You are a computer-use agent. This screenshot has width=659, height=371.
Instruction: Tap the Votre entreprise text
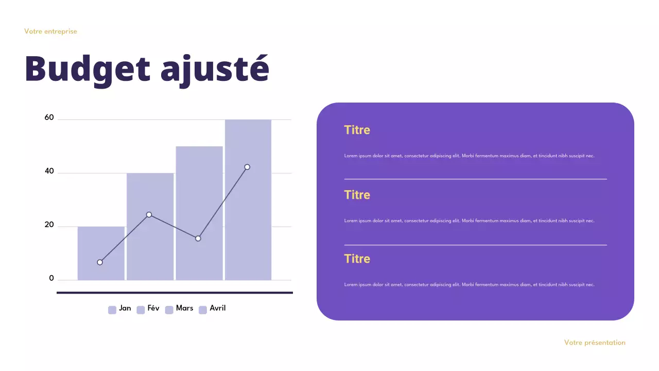click(x=50, y=31)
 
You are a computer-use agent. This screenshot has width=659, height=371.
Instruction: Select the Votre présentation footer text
click(x=595, y=343)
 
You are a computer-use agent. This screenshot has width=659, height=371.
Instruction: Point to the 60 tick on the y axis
click(x=49, y=117)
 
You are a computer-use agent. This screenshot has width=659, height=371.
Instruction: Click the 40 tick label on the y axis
click(x=49, y=171)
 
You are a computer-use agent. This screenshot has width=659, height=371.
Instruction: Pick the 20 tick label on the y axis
click(x=49, y=225)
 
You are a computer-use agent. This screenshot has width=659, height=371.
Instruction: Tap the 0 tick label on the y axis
click(x=51, y=278)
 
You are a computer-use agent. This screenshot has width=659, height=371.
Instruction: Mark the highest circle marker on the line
click(x=247, y=167)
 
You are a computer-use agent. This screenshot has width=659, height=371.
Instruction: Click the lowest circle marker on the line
click(x=100, y=262)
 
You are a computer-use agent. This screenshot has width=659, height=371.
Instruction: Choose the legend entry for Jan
click(x=120, y=309)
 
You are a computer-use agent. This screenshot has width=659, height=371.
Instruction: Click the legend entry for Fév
click(x=148, y=309)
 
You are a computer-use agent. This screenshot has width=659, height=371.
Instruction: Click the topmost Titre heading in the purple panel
click(x=357, y=130)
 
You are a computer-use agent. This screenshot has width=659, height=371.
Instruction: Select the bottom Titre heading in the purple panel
click(x=357, y=259)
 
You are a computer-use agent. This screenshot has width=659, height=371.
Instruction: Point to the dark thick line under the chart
click(x=175, y=293)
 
